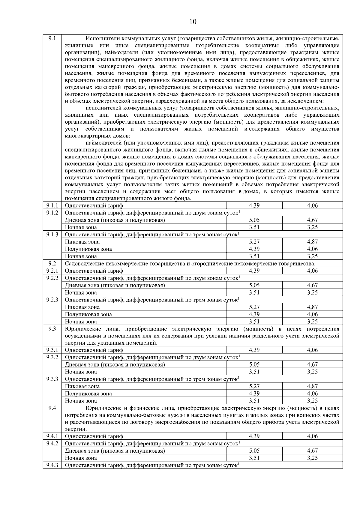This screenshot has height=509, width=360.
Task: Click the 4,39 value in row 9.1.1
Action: point(254,205)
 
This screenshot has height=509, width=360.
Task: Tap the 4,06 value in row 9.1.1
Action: point(312,205)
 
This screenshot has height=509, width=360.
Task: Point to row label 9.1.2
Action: point(52,213)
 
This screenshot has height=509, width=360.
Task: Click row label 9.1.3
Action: point(52,234)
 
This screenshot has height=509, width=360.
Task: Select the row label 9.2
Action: point(52,263)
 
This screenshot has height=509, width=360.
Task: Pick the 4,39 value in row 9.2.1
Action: point(254,271)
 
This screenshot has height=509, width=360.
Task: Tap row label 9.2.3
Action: point(52,300)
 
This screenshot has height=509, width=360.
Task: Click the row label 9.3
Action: point(52,329)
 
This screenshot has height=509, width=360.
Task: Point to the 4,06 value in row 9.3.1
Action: point(312,350)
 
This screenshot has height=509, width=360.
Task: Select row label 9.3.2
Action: point(52,357)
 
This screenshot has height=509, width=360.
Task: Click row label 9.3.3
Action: point(52,379)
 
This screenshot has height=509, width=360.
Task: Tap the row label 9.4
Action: point(52,408)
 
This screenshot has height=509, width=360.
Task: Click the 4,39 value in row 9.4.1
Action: point(254,436)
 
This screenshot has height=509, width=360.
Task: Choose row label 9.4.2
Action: point(52,443)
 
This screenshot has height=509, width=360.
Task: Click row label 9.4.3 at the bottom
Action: point(52,465)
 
